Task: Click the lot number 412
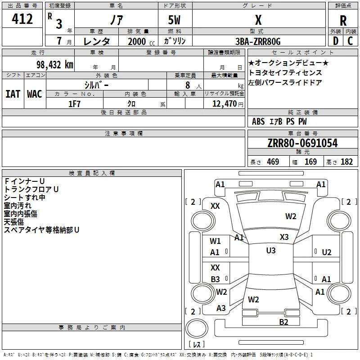tap(22, 19)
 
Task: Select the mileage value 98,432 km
tap(55, 65)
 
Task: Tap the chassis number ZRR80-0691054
tap(302, 143)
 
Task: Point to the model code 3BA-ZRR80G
tap(258, 41)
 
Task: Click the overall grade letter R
tap(343, 21)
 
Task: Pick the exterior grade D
tap(336, 41)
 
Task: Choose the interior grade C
tap(350, 41)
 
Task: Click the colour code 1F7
tap(74, 104)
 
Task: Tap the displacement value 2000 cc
tap(141, 41)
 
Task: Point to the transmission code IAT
tap(13, 94)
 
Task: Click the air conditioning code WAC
tap(35, 94)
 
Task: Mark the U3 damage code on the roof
tap(271, 251)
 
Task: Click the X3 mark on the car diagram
tap(284, 237)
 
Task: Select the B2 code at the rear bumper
tap(283, 322)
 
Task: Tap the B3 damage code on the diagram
tap(215, 279)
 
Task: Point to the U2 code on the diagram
tap(327, 252)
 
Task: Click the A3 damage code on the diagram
tap(221, 308)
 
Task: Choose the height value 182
tap(346, 162)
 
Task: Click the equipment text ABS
tap(258, 121)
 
